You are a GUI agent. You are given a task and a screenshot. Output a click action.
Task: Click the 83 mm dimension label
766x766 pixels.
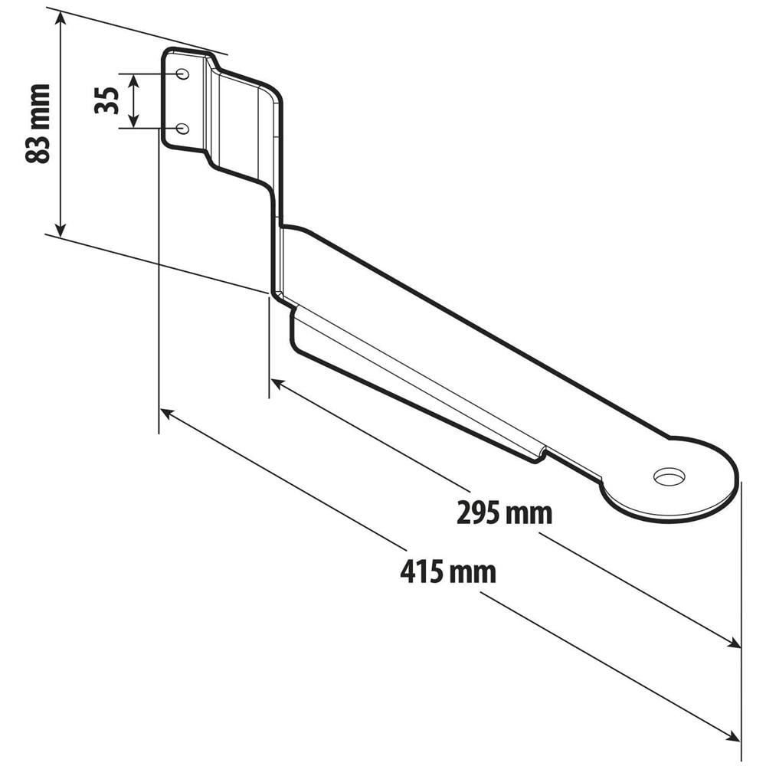(38, 123)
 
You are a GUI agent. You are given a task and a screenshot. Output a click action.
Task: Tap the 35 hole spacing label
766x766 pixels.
(106, 100)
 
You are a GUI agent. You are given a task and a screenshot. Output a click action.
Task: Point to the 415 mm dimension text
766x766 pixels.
(448, 571)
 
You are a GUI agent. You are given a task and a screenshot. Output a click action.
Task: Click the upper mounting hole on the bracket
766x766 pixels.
(183, 74)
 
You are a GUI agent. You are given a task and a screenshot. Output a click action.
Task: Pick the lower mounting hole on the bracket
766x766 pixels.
(182, 128)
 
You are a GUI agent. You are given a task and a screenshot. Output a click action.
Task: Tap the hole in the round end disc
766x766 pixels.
(669, 476)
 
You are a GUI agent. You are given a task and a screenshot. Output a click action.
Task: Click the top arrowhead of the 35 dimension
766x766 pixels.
(134, 79)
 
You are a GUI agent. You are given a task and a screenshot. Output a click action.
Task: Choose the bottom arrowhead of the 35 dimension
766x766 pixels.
(134, 122)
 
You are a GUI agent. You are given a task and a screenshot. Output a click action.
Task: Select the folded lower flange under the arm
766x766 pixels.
(414, 383)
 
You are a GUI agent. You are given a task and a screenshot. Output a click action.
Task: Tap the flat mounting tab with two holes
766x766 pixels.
(184, 100)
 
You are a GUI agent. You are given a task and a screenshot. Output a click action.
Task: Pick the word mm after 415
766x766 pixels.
(473, 571)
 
